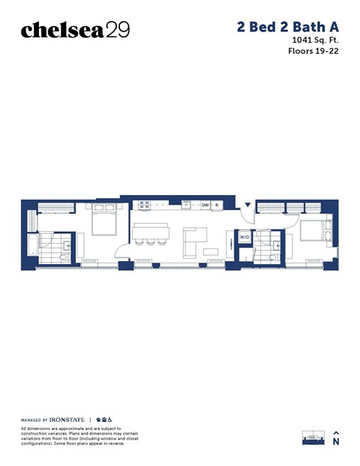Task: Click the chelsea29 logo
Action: (x=75, y=30)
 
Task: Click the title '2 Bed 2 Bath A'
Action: (x=287, y=27)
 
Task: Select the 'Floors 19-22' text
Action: (x=313, y=52)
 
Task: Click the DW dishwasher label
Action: (x=204, y=205)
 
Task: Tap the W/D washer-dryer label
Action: (x=244, y=237)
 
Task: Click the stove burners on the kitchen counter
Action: (x=143, y=204)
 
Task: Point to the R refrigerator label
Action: (x=217, y=205)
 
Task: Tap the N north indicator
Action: (x=336, y=442)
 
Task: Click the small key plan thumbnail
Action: (x=312, y=437)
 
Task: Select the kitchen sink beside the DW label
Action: (x=186, y=203)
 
